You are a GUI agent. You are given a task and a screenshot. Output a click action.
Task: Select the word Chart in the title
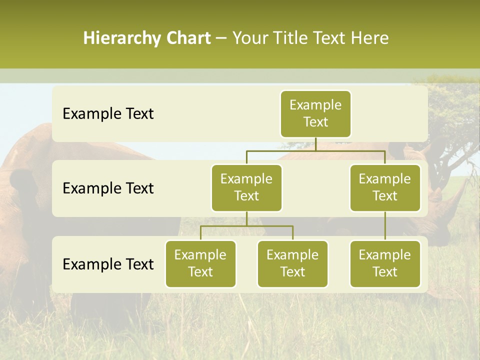click(x=188, y=38)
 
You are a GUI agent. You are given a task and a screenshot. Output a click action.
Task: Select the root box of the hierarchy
click(x=315, y=113)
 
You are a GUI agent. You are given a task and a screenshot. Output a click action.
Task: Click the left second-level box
click(x=246, y=187)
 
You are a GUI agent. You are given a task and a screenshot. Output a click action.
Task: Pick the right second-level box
click(x=385, y=187)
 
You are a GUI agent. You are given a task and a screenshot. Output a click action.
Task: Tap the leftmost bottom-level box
click(x=200, y=263)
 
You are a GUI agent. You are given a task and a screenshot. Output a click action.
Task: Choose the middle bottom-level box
click(x=292, y=263)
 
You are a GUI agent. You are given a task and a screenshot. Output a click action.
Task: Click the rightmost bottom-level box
click(x=385, y=263)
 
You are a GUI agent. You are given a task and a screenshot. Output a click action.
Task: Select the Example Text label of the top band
click(x=108, y=113)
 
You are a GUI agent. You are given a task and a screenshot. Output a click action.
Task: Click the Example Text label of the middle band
click(x=108, y=188)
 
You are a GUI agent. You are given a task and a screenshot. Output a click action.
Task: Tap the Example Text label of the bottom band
click(x=108, y=264)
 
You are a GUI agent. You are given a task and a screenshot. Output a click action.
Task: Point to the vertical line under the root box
click(x=315, y=144)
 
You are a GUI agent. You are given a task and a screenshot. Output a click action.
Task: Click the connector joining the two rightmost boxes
click(x=385, y=226)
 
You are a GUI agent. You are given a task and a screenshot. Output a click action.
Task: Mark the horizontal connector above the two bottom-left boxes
click(x=246, y=226)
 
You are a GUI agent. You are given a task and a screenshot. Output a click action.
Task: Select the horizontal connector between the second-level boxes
click(x=315, y=150)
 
